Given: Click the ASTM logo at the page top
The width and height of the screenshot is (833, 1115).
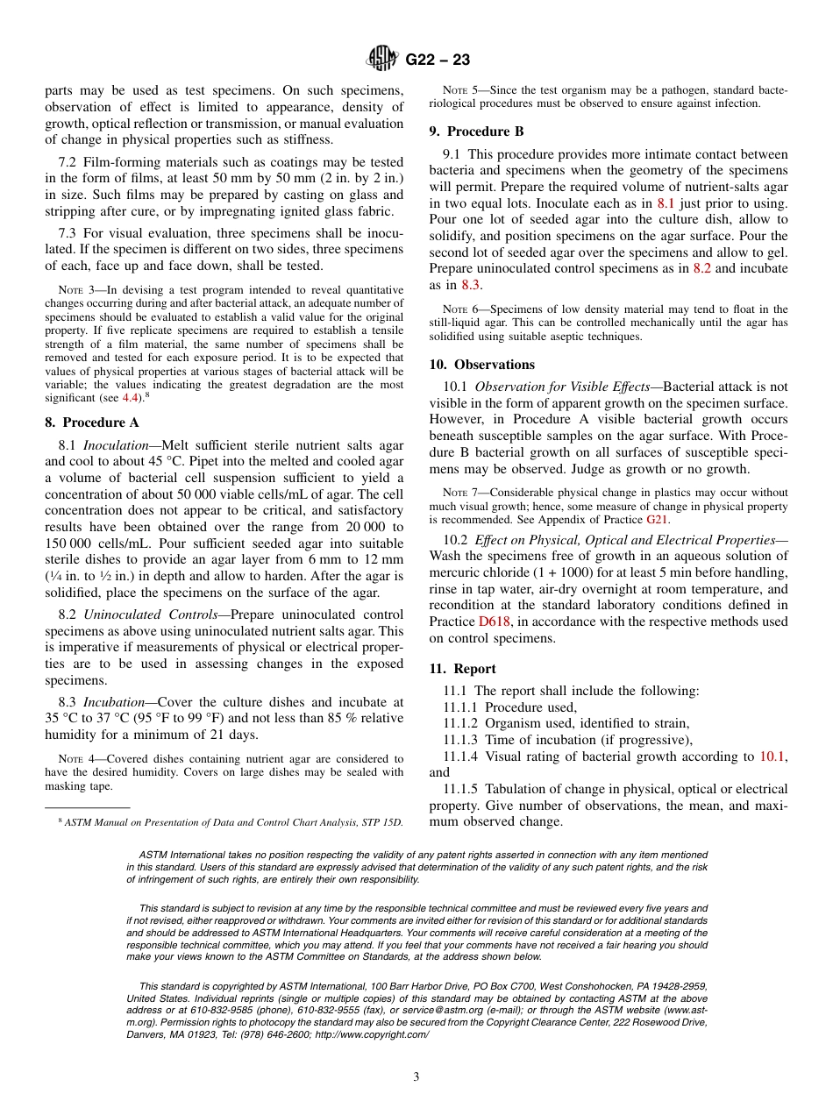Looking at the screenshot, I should (381, 60).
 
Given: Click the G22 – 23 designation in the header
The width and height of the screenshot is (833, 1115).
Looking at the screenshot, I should (438, 60).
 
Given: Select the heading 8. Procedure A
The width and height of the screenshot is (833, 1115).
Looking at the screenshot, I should (92, 422).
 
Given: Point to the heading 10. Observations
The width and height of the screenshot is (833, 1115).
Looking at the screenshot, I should (481, 365).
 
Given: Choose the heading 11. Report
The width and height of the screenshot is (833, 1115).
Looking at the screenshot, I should (462, 669).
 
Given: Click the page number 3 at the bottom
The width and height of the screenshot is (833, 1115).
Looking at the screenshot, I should (416, 1076).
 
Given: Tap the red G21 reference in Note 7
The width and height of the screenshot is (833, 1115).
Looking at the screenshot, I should (657, 519).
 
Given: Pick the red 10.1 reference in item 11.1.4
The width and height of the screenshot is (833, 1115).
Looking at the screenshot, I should (772, 756).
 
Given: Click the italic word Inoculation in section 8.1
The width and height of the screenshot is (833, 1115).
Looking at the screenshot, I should (115, 445).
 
